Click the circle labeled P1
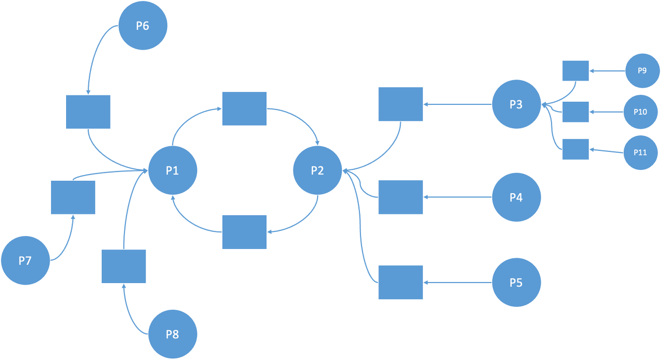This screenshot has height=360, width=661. point(172,170)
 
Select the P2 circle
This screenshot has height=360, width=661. point(317,170)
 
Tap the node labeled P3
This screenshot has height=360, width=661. point(516,104)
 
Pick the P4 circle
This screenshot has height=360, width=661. point(516,197)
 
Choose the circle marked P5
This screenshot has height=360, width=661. point(516,283)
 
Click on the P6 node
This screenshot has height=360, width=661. point(143,26)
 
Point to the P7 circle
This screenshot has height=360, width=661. point(25,261)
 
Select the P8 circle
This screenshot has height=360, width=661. point(172,334)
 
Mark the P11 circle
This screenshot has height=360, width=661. point(641,152)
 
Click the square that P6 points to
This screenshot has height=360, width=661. point(88,112)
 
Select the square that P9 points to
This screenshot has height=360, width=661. point(575,70)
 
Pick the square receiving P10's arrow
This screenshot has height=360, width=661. point(575,112)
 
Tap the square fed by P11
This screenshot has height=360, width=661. point(575,149)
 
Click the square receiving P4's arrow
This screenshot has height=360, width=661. point(400,197)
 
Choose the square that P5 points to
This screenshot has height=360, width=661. point(400,283)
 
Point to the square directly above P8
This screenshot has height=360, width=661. point(123,266)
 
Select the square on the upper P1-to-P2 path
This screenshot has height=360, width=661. point(244,108)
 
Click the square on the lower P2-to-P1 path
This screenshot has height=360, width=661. point(244,232)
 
